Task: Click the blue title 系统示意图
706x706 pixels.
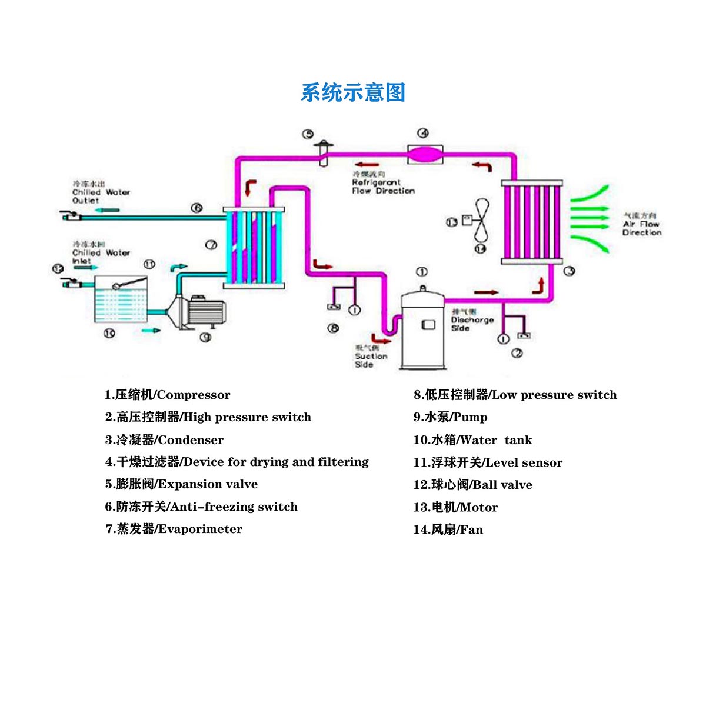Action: pyautogui.click(x=353, y=92)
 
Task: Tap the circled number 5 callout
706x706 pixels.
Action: pyautogui.click(x=308, y=134)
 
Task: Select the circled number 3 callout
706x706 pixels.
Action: pyautogui.click(x=569, y=271)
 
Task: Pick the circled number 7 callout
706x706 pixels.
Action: pyautogui.click(x=211, y=245)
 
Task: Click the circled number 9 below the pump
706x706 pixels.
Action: pyautogui.click(x=205, y=337)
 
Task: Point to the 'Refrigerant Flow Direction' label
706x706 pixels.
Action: pyautogui.click(x=383, y=183)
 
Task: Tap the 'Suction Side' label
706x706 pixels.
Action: pyautogui.click(x=371, y=356)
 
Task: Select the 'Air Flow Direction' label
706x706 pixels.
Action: pyautogui.click(x=642, y=224)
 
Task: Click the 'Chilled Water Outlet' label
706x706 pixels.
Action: pyautogui.click(x=101, y=192)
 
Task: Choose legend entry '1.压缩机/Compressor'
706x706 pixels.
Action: pyautogui.click(x=168, y=395)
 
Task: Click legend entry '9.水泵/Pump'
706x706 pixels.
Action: pyautogui.click(x=450, y=417)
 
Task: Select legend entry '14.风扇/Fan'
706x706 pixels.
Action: pyautogui.click(x=448, y=529)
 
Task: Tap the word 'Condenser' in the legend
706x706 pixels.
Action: pyautogui.click(x=191, y=440)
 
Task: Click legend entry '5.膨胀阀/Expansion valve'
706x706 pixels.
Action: pyautogui.click(x=181, y=484)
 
